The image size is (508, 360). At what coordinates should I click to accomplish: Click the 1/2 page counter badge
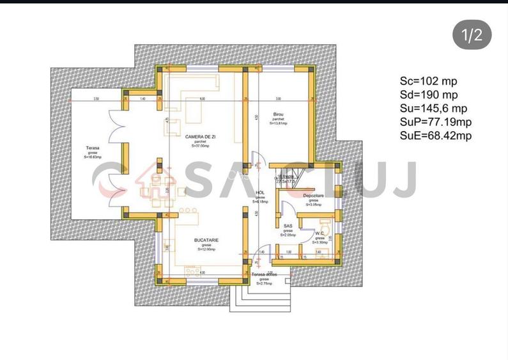472,35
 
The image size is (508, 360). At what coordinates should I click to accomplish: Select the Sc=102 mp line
429,81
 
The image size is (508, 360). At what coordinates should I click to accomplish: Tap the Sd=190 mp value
429,95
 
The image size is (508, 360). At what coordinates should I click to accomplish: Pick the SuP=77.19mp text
436,121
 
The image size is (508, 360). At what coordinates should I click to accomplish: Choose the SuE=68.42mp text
436,135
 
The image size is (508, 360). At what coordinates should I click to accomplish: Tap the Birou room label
277,114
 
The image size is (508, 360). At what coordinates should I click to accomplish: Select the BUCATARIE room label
206,240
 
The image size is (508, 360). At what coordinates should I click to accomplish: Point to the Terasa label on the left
93,148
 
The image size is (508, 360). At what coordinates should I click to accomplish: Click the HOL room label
260,192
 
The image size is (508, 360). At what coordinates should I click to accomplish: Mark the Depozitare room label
313,196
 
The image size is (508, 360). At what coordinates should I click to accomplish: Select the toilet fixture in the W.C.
325,227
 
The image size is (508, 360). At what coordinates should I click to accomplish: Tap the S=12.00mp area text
206,249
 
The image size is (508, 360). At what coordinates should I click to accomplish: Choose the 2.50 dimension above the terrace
96,99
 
